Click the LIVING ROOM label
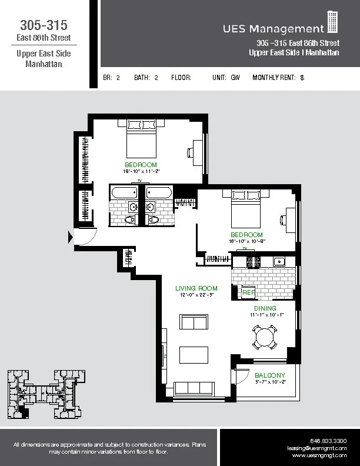pos(196,288)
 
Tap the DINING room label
pos(265,308)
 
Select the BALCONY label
pos(270,375)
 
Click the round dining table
pos(265,338)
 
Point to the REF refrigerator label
pos(249,292)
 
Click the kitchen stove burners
pos(253,261)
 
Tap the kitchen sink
pos(279,261)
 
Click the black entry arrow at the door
pos(71,237)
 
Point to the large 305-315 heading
pos(43,25)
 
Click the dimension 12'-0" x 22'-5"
pos(196,295)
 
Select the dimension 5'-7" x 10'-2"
pos(270,382)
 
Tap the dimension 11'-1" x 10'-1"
pos(265,315)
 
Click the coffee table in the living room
pos(194,356)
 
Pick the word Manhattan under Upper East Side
pos(43,64)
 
